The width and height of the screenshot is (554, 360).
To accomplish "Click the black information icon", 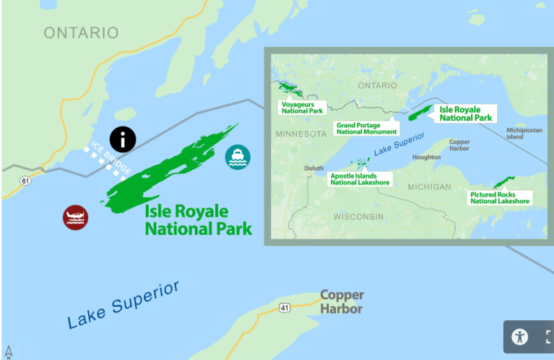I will click(x=123, y=139).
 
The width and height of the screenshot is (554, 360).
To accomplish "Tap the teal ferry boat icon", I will click(x=238, y=157).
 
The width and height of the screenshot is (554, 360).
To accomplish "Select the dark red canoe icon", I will click(x=75, y=217).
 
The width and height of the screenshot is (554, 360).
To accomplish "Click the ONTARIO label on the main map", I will click(x=81, y=33).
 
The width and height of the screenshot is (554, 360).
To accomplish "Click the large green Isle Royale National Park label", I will click(x=198, y=220).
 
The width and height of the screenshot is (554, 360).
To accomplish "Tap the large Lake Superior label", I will click(x=123, y=304).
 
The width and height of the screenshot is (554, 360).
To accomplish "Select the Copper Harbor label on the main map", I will click(x=342, y=302).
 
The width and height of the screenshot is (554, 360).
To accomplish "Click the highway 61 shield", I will click(x=25, y=180).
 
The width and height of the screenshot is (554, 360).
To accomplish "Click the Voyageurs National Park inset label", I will click(x=302, y=108).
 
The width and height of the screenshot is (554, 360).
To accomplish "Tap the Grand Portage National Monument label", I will click(x=367, y=128).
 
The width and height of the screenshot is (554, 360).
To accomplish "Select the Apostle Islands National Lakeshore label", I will click(x=360, y=179).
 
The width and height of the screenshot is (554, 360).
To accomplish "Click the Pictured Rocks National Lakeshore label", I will click(x=499, y=197).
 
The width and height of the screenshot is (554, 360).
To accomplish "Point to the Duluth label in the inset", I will click(x=313, y=168).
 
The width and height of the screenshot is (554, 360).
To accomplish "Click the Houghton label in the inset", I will click(x=426, y=157).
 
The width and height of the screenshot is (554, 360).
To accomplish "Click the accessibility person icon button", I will click(x=520, y=336).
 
